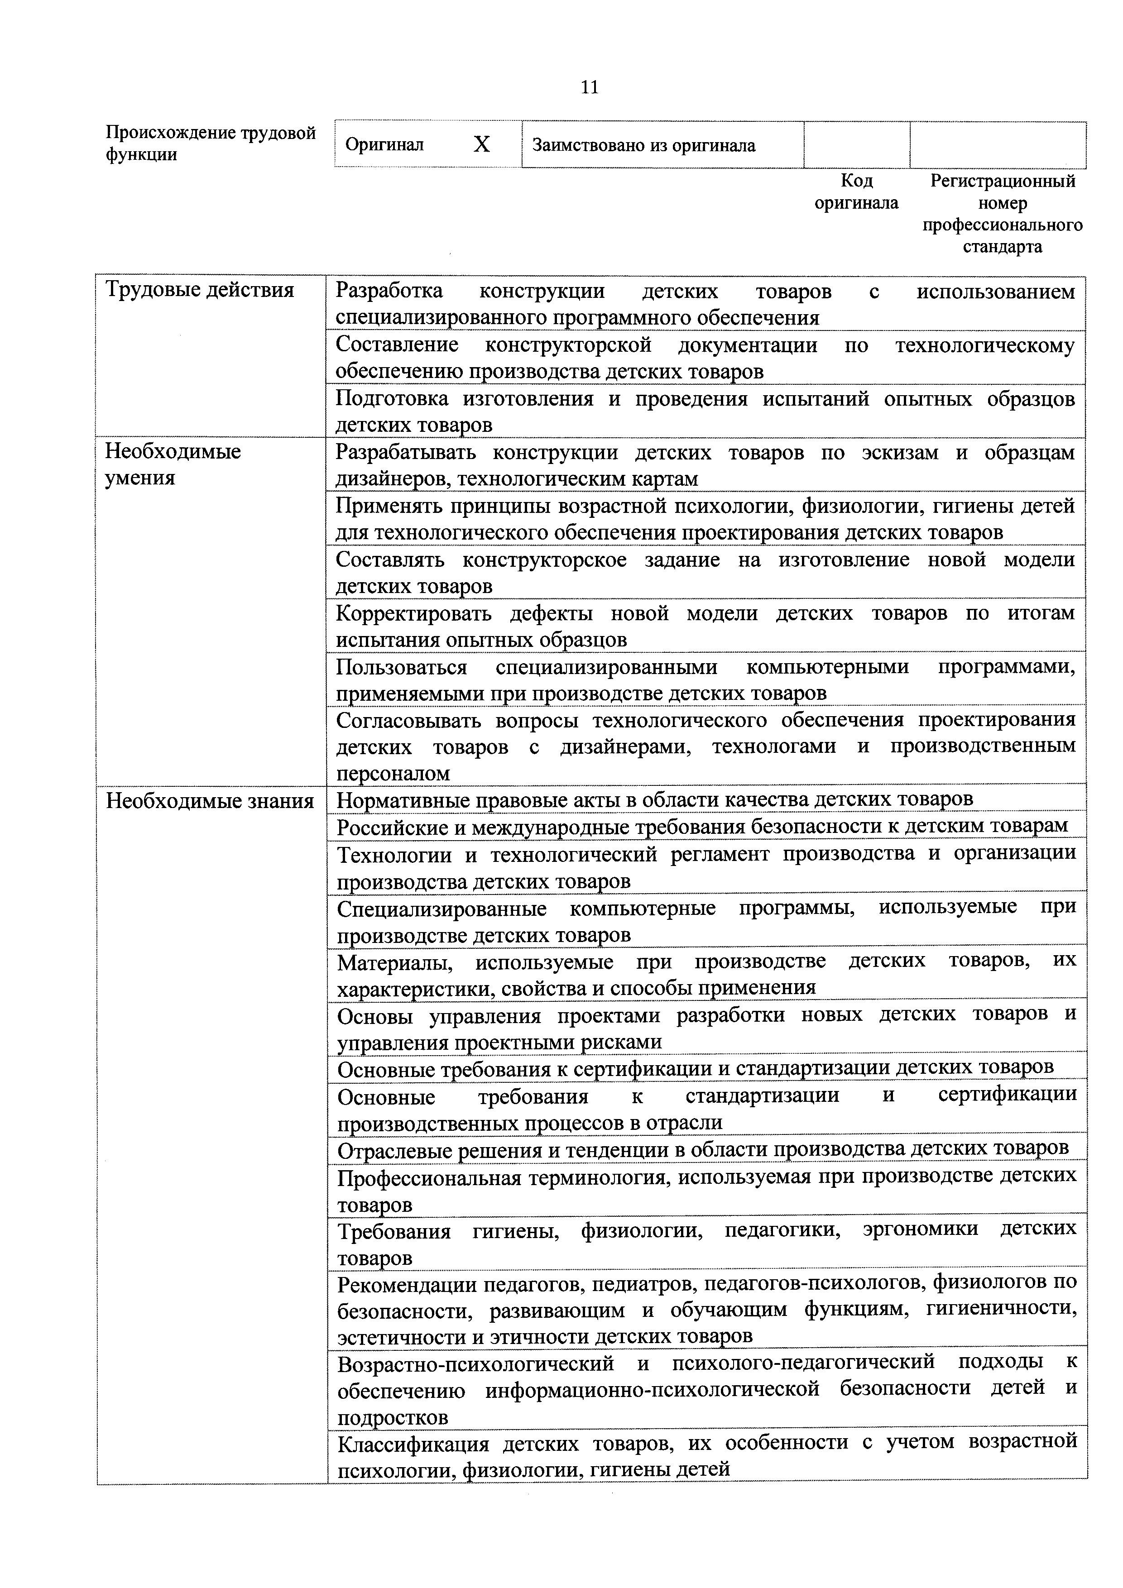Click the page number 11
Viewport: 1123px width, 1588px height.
(590, 88)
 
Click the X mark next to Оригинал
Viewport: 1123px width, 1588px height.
(482, 144)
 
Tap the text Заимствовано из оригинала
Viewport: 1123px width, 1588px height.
(643, 146)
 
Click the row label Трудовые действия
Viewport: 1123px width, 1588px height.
(200, 290)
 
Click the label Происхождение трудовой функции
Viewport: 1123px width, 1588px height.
(211, 143)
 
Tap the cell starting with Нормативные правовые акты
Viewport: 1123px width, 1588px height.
(655, 799)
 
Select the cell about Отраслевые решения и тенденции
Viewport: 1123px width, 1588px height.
(702, 1149)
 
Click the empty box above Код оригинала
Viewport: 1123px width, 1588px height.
(857, 144)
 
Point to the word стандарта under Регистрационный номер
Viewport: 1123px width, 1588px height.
(1002, 247)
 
